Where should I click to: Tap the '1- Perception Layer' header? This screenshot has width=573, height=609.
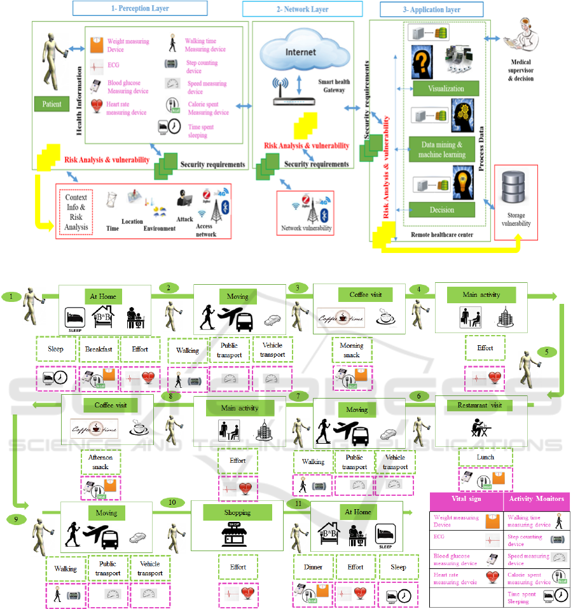140,8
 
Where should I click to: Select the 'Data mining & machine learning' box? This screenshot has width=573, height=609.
441,149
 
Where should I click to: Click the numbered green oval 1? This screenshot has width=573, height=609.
11,296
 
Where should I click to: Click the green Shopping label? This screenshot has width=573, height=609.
237,512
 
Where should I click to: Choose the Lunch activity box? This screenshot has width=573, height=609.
485,456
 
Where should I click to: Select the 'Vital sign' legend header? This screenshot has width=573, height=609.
465,499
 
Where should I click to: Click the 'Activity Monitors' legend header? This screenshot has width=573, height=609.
536,499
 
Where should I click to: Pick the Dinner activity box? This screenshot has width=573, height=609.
313,567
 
